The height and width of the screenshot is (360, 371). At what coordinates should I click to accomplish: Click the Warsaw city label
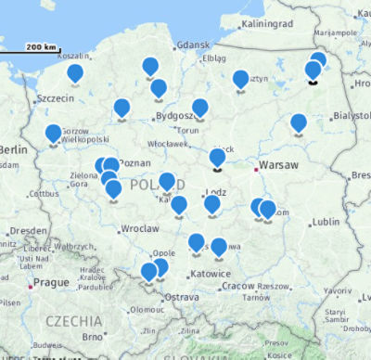point(279,165)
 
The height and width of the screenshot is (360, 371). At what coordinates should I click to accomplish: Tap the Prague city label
point(51,282)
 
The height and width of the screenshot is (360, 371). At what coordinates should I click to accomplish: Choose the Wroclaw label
point(140,227)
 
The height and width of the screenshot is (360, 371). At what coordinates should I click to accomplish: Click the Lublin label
point(326,222)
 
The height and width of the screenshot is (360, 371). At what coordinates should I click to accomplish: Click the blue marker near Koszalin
point(75,72)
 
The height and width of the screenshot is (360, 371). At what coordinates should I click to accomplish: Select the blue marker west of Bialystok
point(298,122)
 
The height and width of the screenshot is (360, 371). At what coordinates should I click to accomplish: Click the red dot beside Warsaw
point(254,169)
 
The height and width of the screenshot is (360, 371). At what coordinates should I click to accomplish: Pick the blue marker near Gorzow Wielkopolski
point(53,134)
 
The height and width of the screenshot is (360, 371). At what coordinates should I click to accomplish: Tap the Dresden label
point(28,230)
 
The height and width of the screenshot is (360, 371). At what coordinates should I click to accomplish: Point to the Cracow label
point(237,285)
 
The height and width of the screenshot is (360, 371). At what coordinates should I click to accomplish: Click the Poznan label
point(135,161)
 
